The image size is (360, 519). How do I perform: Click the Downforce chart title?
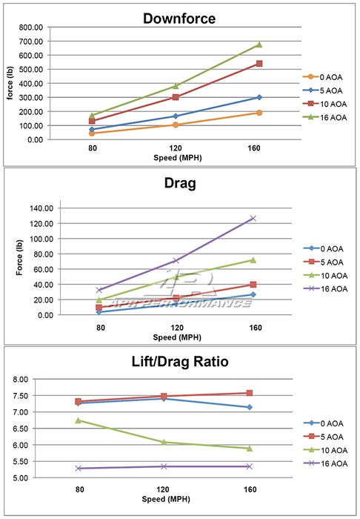(x=179, y=19)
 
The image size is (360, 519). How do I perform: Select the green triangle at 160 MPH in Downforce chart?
(x=259, y=44)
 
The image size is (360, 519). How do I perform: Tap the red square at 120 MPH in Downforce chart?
(x=176, y=97)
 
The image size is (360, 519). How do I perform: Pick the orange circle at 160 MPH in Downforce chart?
(x=259, y=113)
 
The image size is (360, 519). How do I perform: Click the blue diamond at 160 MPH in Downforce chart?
(x=259, y=97)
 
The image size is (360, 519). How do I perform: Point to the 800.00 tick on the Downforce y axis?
(x=31, y=27)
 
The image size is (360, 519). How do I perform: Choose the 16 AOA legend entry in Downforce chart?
(x=324, y=117)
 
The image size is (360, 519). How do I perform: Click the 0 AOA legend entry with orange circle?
(x=322, y=77)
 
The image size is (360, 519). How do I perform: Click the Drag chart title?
(x=180, y=183)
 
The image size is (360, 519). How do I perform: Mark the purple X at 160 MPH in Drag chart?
(x=253, y=218)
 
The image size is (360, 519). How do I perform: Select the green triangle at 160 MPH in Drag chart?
(x=253, y=259)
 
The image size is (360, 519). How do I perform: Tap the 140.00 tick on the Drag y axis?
(x=41, y=208)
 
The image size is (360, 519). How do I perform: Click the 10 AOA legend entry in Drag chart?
(x=326, y=275)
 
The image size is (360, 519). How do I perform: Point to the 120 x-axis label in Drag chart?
(x=177, y=328)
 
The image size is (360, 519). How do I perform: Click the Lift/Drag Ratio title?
(x=180, y=361)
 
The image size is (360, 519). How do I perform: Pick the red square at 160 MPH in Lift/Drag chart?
(x=250, y=393)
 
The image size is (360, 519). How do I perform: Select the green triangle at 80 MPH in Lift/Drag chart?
(x=79, y=420)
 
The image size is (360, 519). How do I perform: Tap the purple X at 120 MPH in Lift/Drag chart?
(x=163, y=466)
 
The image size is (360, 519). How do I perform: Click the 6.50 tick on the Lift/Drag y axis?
(x=21, y=429)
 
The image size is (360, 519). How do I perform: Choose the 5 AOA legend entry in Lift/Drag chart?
(x=324, y=437)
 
